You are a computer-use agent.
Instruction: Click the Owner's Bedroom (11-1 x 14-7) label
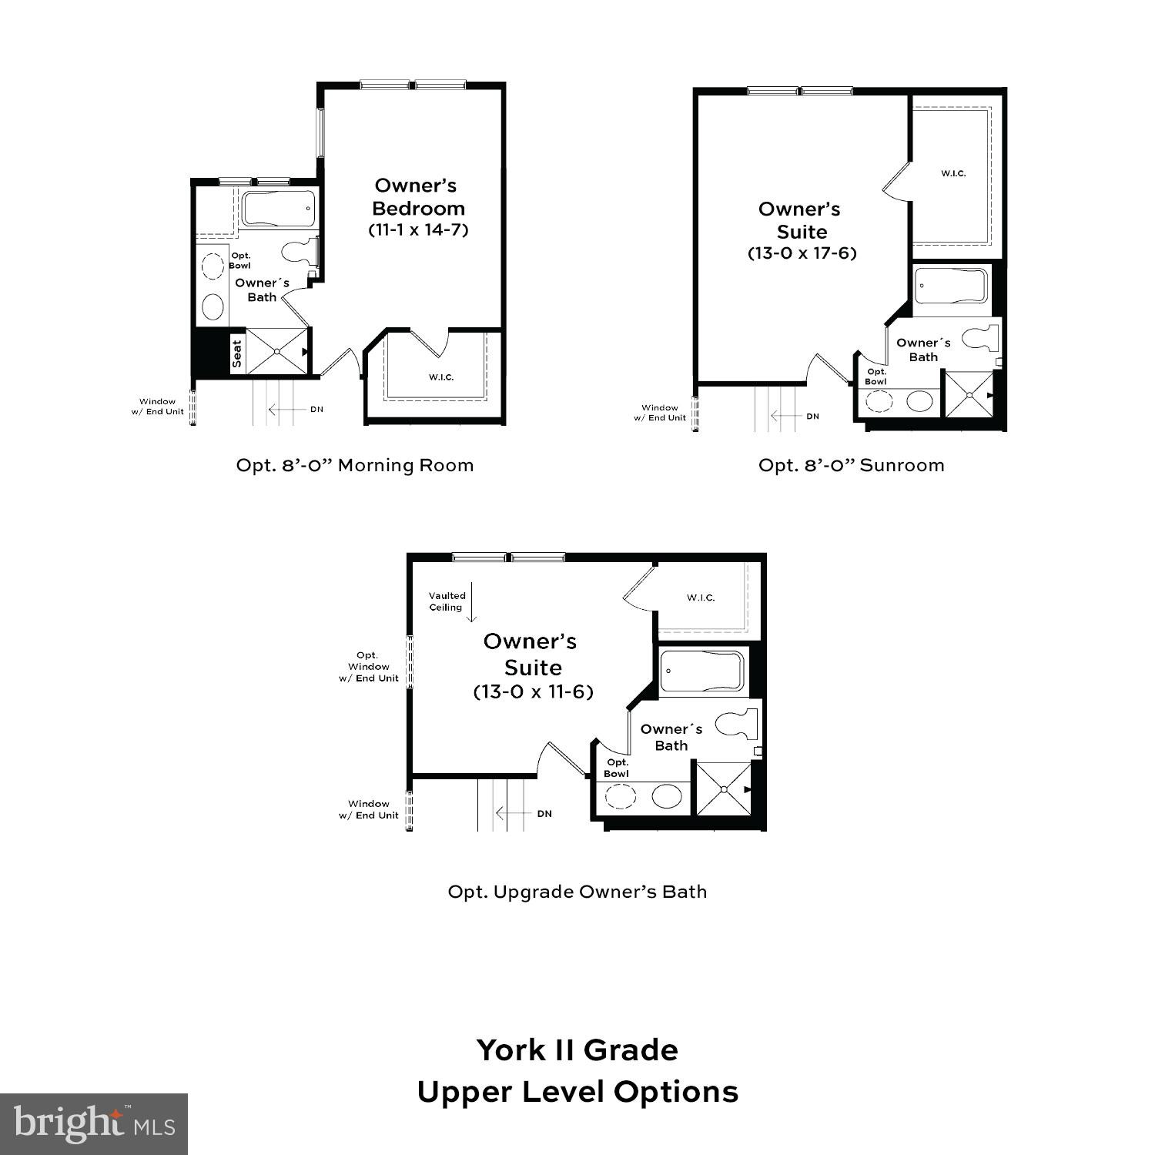[418, 207]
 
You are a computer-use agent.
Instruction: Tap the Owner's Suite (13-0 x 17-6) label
[802, 231]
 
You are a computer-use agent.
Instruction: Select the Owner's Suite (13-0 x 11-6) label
[532, 666]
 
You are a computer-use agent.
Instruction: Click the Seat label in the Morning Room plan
[237, 353]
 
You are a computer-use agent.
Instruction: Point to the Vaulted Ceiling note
[447, 601]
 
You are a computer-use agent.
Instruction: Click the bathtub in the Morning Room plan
[278, 209]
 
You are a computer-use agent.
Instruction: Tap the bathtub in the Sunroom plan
[950, 286]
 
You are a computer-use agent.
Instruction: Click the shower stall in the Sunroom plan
[969, 394]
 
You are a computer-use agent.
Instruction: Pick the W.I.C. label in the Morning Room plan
[441, 377]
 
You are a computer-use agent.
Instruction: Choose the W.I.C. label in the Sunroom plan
[952, 173]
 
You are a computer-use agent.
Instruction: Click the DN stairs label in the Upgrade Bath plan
[544, 814]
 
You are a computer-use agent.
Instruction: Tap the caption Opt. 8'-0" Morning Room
[355, 465]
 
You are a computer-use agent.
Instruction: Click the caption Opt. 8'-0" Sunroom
[851, 465]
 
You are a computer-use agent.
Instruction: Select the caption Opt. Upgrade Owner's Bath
[577, 892]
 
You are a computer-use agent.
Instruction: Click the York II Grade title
[577, 1050]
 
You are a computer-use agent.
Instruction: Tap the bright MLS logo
[94, 1124]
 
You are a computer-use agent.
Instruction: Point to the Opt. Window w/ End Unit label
[368, 667]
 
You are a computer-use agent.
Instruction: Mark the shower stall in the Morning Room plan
[277, 352]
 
